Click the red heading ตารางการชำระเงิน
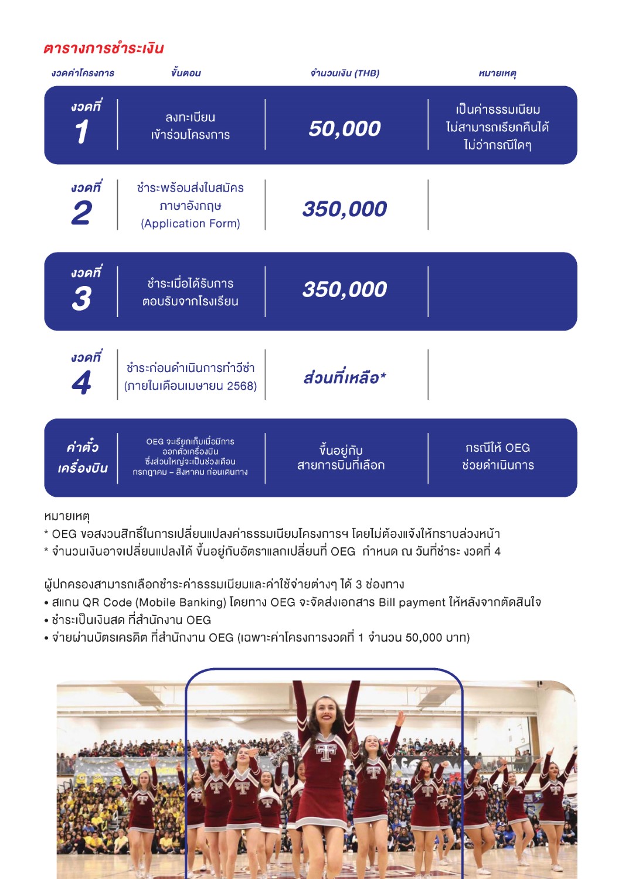coord(103,48)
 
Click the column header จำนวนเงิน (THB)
coord(345,73)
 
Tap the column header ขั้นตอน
coord(186,73)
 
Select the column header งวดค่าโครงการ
coord(83,73)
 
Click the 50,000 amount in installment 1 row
coord(345,128)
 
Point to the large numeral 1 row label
coord(82,132)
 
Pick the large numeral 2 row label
coord(82,213)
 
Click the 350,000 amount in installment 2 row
coord(345,209)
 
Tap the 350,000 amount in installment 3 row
coord(345,289)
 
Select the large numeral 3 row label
coord(82,299)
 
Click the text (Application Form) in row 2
coord(191,224)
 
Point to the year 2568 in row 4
coord(242,386)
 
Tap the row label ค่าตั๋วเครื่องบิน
coord(83,458)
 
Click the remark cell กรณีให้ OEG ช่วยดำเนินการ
coord(498,456)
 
